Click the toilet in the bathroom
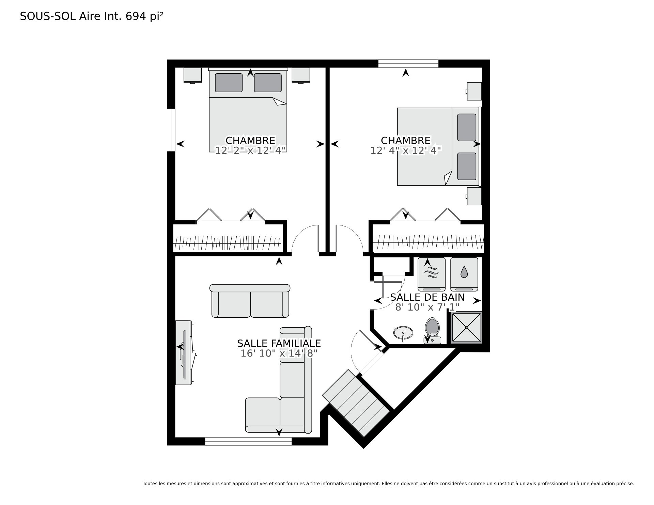coord(433,331)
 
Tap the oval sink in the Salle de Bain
coord(403,333)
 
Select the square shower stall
coord(466,327)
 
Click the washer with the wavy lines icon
coord(432,274)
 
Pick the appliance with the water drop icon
coord(464,274)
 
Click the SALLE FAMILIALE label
coord(279,343)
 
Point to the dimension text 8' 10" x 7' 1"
coord(427,307)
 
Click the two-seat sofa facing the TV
coord(250,301)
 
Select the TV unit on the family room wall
coord(184,352)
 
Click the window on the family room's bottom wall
coord(248,441)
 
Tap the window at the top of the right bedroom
coord(408,64)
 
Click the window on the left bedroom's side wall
coord(171,130)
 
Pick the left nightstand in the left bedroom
coord(192,75)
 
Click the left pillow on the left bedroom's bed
coord(229,82)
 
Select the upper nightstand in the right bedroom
coord(474,91)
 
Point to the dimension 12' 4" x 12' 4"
coord(406,151)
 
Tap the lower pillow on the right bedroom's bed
coord(467,166)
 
